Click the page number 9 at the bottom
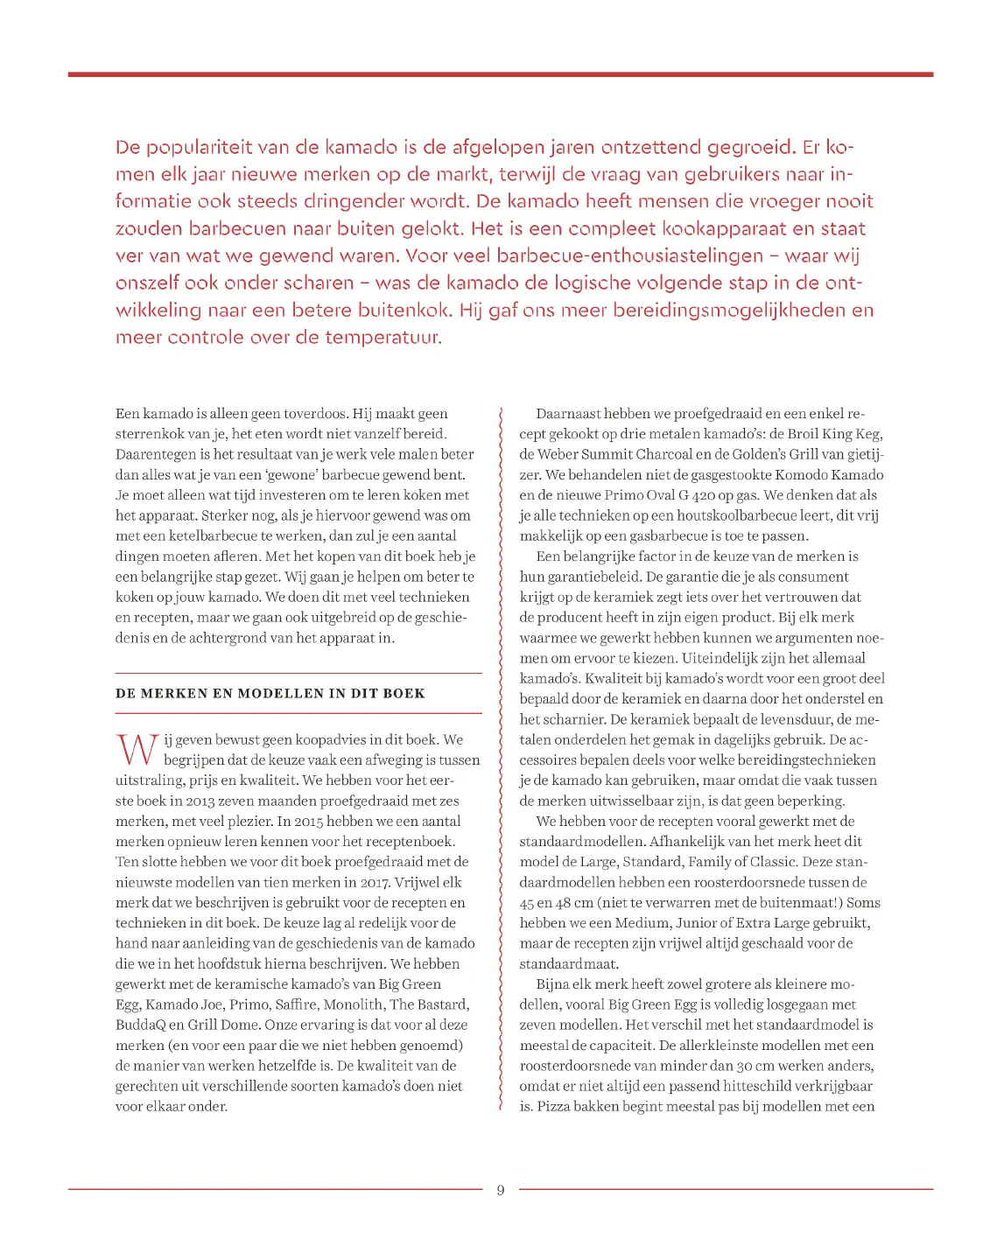(501, 1190)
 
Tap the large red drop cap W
(137, 751)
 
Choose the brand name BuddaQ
(141, 1025)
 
